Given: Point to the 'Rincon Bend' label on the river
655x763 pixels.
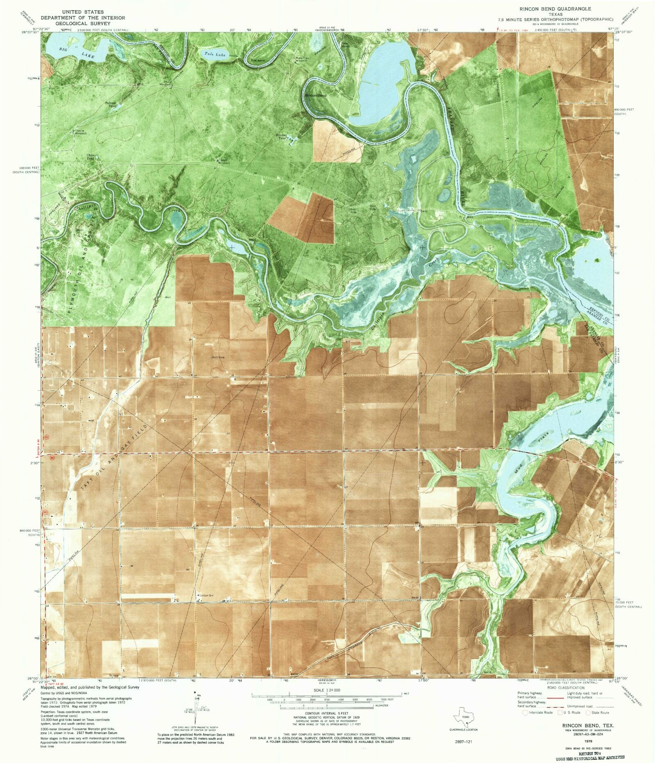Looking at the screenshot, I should coord(316,95).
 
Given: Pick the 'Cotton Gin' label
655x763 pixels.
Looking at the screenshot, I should coord(204,595).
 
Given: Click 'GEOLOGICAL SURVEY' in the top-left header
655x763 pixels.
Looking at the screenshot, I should coord(82,23).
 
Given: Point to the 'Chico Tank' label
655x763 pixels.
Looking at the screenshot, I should coord(90,157).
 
